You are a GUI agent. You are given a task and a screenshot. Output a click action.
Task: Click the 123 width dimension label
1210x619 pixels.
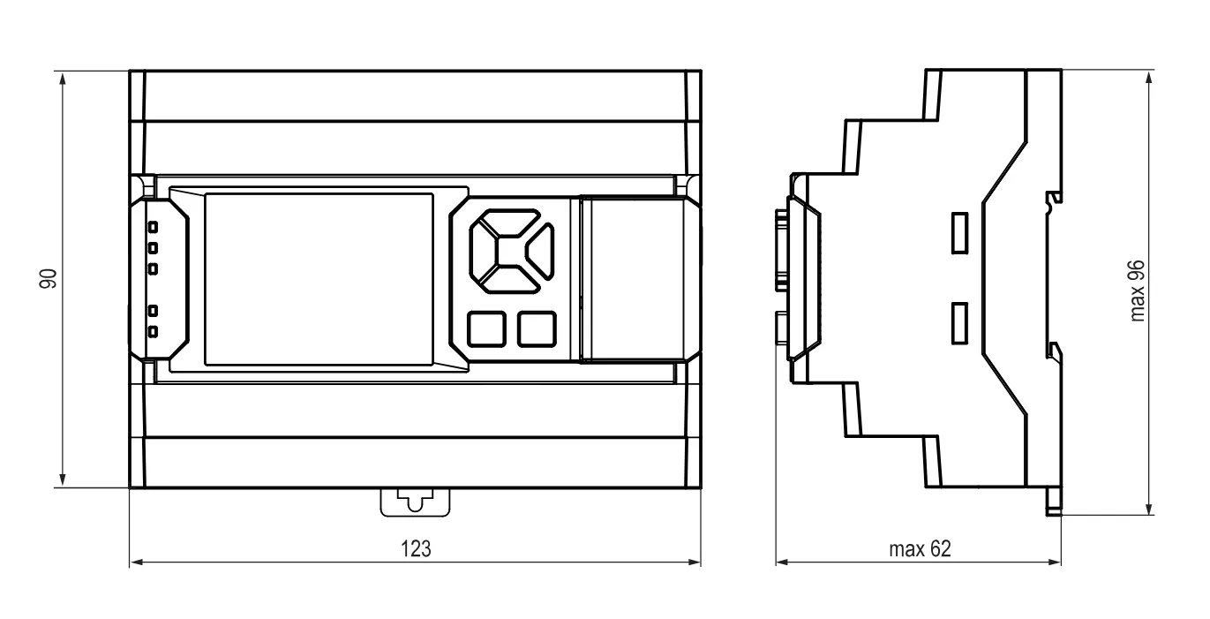coord(416,548)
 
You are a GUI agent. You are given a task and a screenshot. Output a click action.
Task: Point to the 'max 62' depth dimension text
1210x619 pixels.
coord(920,548)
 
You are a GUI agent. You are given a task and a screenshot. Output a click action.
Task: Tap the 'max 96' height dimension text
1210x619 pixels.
coord(1137,291)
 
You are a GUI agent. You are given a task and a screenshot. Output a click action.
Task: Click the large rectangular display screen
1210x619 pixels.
coord(319,279)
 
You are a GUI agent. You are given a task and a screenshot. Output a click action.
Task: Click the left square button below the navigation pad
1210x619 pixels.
coord(486,328)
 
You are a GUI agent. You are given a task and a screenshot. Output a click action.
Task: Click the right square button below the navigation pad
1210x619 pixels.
coord(537,328)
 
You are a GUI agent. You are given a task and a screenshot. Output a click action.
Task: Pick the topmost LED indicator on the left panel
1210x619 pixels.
coord(153,227)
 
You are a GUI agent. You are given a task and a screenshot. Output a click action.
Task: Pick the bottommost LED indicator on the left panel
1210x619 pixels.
coord(153,331)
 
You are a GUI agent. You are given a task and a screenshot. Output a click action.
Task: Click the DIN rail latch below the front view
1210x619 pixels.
coord(415,502)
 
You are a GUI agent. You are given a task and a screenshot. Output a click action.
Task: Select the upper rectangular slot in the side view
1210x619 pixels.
coord(959,232)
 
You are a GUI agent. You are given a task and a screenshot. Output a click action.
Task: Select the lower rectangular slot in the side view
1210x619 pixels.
coord(959,323)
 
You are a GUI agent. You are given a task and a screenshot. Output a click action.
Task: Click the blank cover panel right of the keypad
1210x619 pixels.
coord(637,279)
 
